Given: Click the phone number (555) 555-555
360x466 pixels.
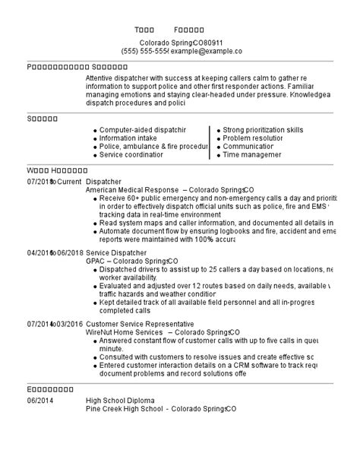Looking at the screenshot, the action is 145,51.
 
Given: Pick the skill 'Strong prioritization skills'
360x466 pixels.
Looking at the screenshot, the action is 263,130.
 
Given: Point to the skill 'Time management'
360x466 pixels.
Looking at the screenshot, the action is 254,154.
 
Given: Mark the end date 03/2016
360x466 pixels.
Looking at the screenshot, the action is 65,324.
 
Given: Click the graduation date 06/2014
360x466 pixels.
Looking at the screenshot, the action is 40,401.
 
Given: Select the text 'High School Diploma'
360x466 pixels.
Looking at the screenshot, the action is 120,401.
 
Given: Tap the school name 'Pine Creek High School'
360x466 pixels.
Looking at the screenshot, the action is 125,408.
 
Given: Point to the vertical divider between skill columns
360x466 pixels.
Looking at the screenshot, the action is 210,142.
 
